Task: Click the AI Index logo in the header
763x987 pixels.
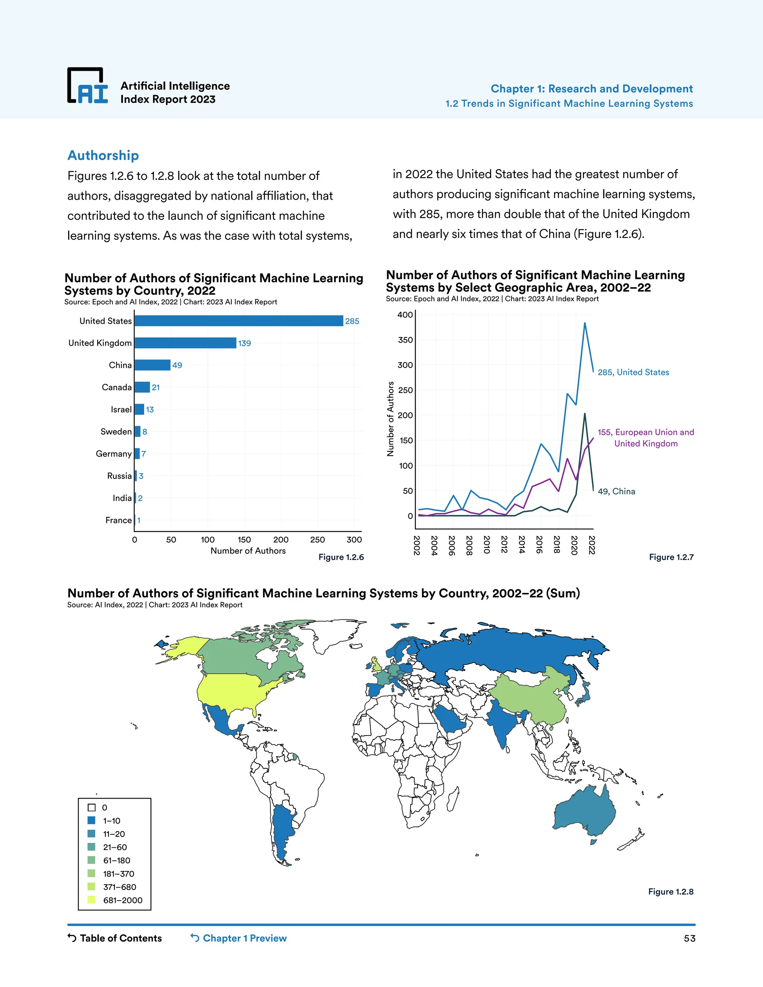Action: tap(88, 86)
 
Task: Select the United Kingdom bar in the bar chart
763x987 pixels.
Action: tap(185, 343)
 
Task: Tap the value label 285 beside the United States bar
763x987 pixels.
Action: tap(352, 321)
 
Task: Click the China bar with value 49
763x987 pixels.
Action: tap(152, 365)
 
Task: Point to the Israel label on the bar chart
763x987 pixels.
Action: tap(121, 409)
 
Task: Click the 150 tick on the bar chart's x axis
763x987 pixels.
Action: tap(244, 540)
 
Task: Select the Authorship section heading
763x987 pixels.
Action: tap(103, 155)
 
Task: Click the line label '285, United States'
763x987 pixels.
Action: tap(633, 372)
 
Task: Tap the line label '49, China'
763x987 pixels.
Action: tap(616, 491)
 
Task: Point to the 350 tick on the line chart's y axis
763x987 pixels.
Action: tap(405, 340)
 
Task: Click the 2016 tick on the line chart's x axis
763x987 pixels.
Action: tap(539, 545)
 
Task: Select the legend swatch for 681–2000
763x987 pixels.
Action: tap(92, 900)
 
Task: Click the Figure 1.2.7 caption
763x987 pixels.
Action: tap(671, 557)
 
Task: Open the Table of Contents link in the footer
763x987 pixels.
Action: tap(115, 938)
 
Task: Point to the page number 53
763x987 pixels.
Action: tap(689, 939)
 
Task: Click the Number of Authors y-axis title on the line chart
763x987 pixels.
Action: tap(390, 419)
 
